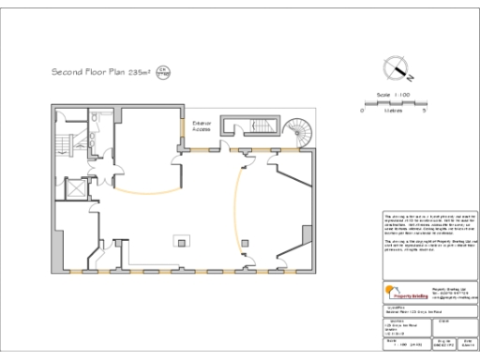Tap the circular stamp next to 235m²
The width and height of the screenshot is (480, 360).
pyautogui.click(x=160, y=71)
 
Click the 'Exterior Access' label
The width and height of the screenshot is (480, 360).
pyautogui.click(x=202, y=127)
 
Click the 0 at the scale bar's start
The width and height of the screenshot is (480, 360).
pyautogui.click(x=363, y=111)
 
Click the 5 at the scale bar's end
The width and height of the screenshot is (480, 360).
pyautogui.click(x=426, y=111)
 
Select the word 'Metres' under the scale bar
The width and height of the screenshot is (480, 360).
pyautogui.click(x=394, y=111)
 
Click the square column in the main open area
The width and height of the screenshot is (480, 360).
pyautogui.click(x=177, y=241)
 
